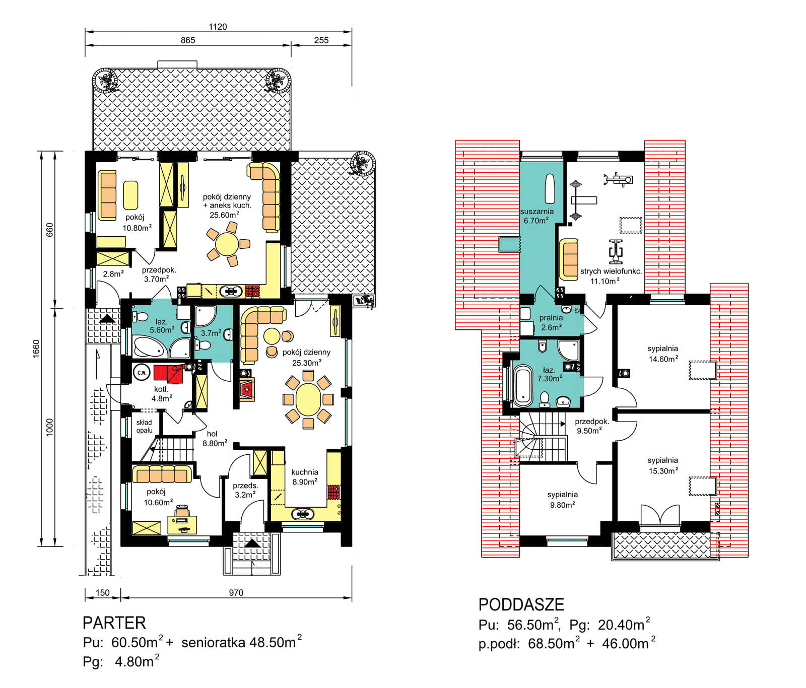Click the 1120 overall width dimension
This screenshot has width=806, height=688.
point(218,27)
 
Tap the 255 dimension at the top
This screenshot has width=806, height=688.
point(321,40)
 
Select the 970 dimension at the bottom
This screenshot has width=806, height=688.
point(236,592)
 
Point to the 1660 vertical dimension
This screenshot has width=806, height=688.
point(36,349)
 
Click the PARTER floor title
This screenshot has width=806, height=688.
point(114,623)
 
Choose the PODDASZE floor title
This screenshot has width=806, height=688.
point(521,604)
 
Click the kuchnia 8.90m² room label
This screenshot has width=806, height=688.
point(305,477)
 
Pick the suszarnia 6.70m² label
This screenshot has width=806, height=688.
point(536,216)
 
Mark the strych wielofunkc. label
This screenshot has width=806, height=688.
point(611,271)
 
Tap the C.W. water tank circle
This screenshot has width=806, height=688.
point(142,373)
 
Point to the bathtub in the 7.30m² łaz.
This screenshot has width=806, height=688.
point(522,386)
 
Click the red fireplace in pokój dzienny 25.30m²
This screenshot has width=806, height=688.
point(247,389)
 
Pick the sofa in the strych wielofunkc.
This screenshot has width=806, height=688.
point(569,259)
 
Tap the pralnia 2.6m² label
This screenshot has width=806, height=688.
point(551,322)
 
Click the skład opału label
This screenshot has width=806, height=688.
point(144,427)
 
